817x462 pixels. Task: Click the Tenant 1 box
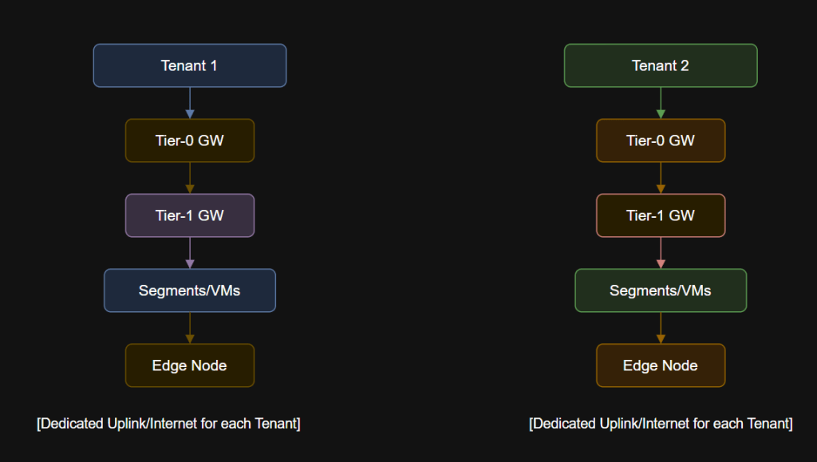[189, 65]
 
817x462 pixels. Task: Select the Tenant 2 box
[660, 65]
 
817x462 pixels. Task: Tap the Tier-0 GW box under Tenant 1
[189, 140]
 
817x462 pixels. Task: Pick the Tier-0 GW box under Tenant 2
[660, 140]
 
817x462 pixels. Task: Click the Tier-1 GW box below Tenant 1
[189, 215]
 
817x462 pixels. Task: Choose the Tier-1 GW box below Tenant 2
[660, 215]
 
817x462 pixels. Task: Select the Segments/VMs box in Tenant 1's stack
[189, 290]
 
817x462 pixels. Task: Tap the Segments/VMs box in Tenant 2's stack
[660, 290]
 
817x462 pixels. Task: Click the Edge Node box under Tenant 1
[189, 365]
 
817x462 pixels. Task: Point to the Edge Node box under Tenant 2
[660, 365]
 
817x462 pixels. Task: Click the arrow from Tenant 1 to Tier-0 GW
[189, 103]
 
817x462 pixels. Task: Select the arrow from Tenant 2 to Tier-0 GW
[660, 103]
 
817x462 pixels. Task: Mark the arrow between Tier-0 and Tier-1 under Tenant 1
[189, 178]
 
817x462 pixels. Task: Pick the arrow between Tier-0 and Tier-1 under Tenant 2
[660, 178]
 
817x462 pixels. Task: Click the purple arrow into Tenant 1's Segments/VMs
[189, 253]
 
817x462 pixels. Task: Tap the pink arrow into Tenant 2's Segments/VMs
[660, 253]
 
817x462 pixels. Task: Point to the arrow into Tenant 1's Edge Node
[189, 328]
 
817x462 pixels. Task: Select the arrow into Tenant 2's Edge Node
[660, 328]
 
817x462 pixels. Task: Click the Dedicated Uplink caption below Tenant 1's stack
[168, 423]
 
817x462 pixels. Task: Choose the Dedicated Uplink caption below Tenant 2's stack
[661, 423]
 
